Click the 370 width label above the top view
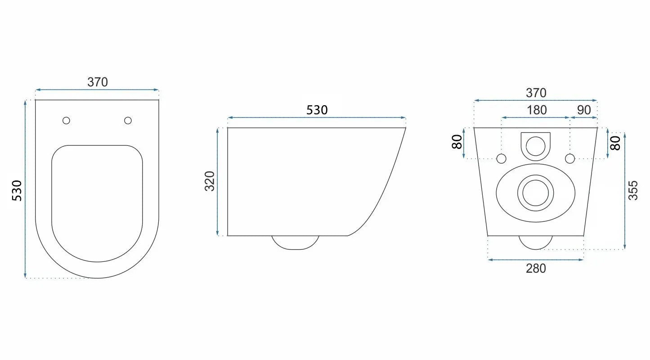click(98, 82)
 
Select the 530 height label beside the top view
click(17, 190)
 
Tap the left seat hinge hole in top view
click(66, 120)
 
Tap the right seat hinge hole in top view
click(128, 120)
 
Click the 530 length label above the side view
click(317, 110)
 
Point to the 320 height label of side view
click(210, 181)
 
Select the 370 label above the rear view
click(536, 93)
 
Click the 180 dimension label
click(537, 110)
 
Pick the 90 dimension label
click(584, 110)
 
